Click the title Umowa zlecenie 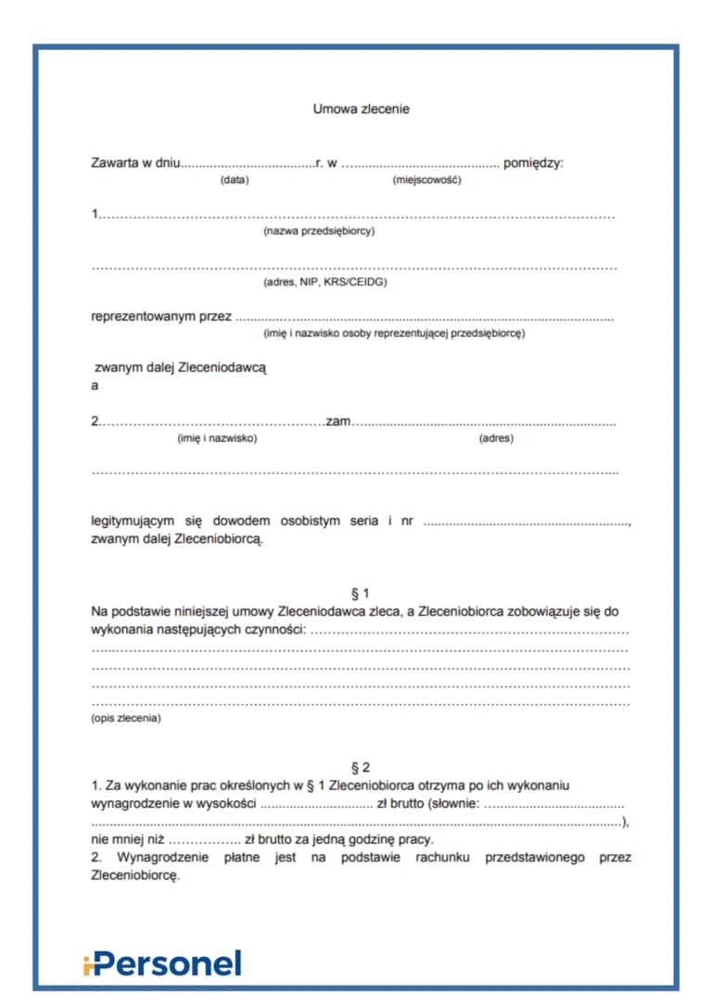click(361, 109)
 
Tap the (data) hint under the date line click(234, 180)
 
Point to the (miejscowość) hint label click(426, 180)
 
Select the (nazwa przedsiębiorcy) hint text click(319, 231)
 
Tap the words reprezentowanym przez click(161, 317)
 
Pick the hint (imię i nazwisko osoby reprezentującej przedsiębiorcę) click(394, 333)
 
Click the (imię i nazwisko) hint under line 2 click(217, 438)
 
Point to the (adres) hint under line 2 click(495, 438)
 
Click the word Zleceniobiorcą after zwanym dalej click(219, 538)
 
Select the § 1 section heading click(361, 594)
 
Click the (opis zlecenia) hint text click(125, 718)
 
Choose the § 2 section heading click(361, 768)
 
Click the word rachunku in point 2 click(439, 858)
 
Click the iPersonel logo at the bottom click(161, 963)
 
